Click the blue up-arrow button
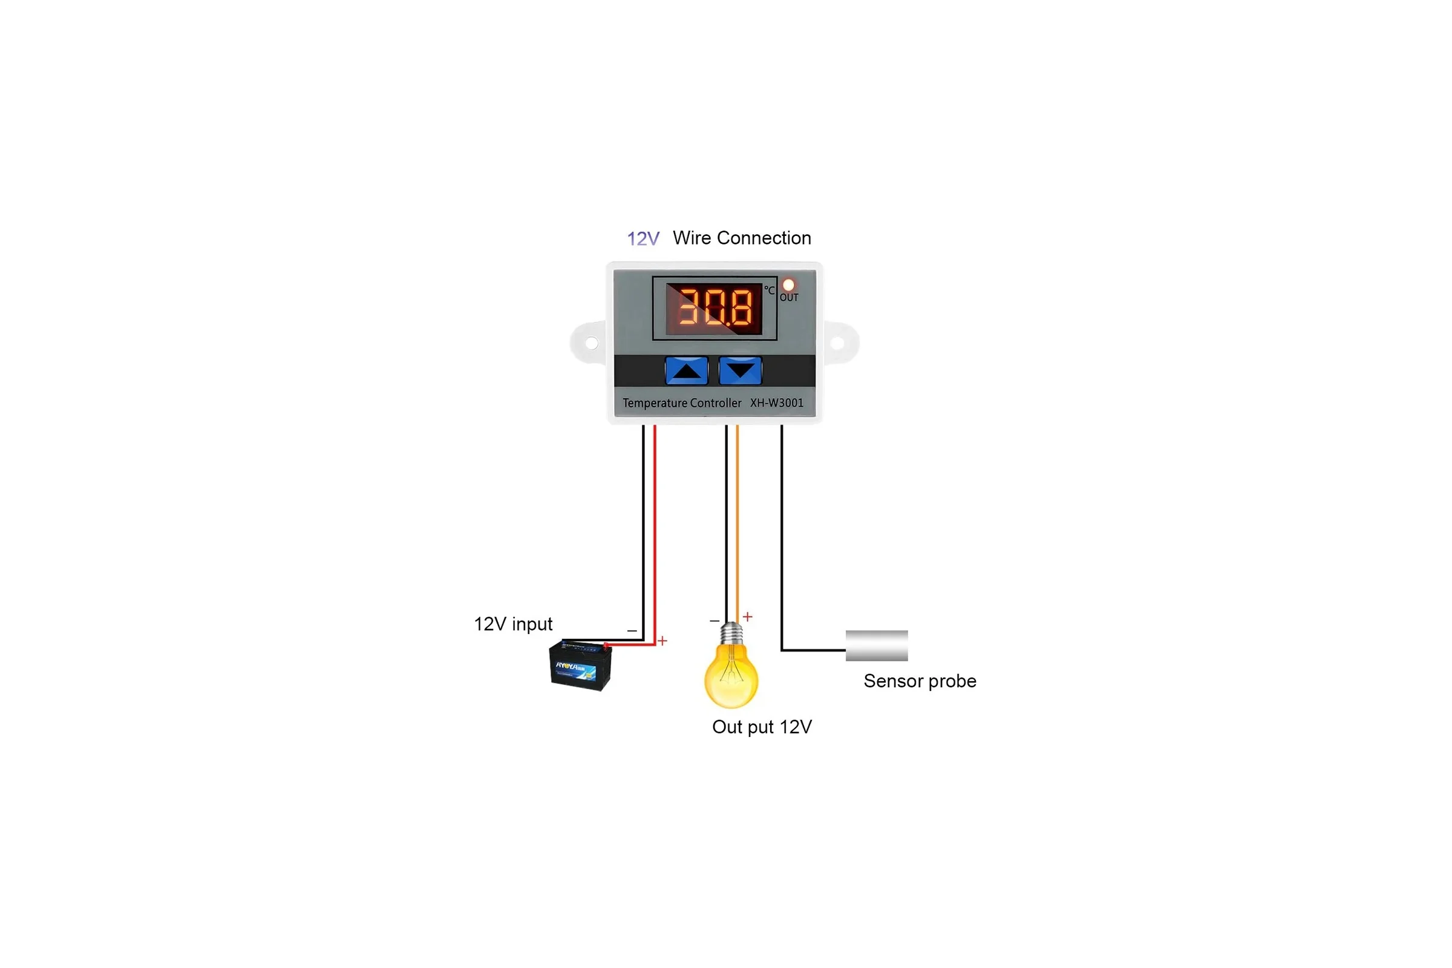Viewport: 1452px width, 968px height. (x=686, y=370)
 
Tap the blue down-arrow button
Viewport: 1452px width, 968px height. (x=740, y=370)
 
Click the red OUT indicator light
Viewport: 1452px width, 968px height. (x=788, y=285)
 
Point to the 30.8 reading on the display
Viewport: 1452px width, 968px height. (x=715, y=307)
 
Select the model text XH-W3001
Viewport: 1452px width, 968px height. (x=777, y=403)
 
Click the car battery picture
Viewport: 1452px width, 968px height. (x=580, y=665)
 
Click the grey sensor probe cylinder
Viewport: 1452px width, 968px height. (x=877, y=646)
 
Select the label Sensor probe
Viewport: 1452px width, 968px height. (x=920, y=681)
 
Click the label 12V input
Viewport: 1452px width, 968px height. (x=513, y=624)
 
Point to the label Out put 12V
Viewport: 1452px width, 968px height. (x=762, y=727)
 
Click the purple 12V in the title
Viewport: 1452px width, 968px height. (x=643, y=239)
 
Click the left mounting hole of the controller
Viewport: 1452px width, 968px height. (x=592, y=342)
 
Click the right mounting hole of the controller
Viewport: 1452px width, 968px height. (x=838, y=342)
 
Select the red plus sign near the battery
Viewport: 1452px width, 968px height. (x=662, y=641)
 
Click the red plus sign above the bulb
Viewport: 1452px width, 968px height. (x=748, y=616)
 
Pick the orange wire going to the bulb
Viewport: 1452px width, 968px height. (x=737, y=523)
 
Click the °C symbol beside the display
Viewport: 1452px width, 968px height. (x=769, y=290)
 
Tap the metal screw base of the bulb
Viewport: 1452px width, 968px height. (x=731, y=633)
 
